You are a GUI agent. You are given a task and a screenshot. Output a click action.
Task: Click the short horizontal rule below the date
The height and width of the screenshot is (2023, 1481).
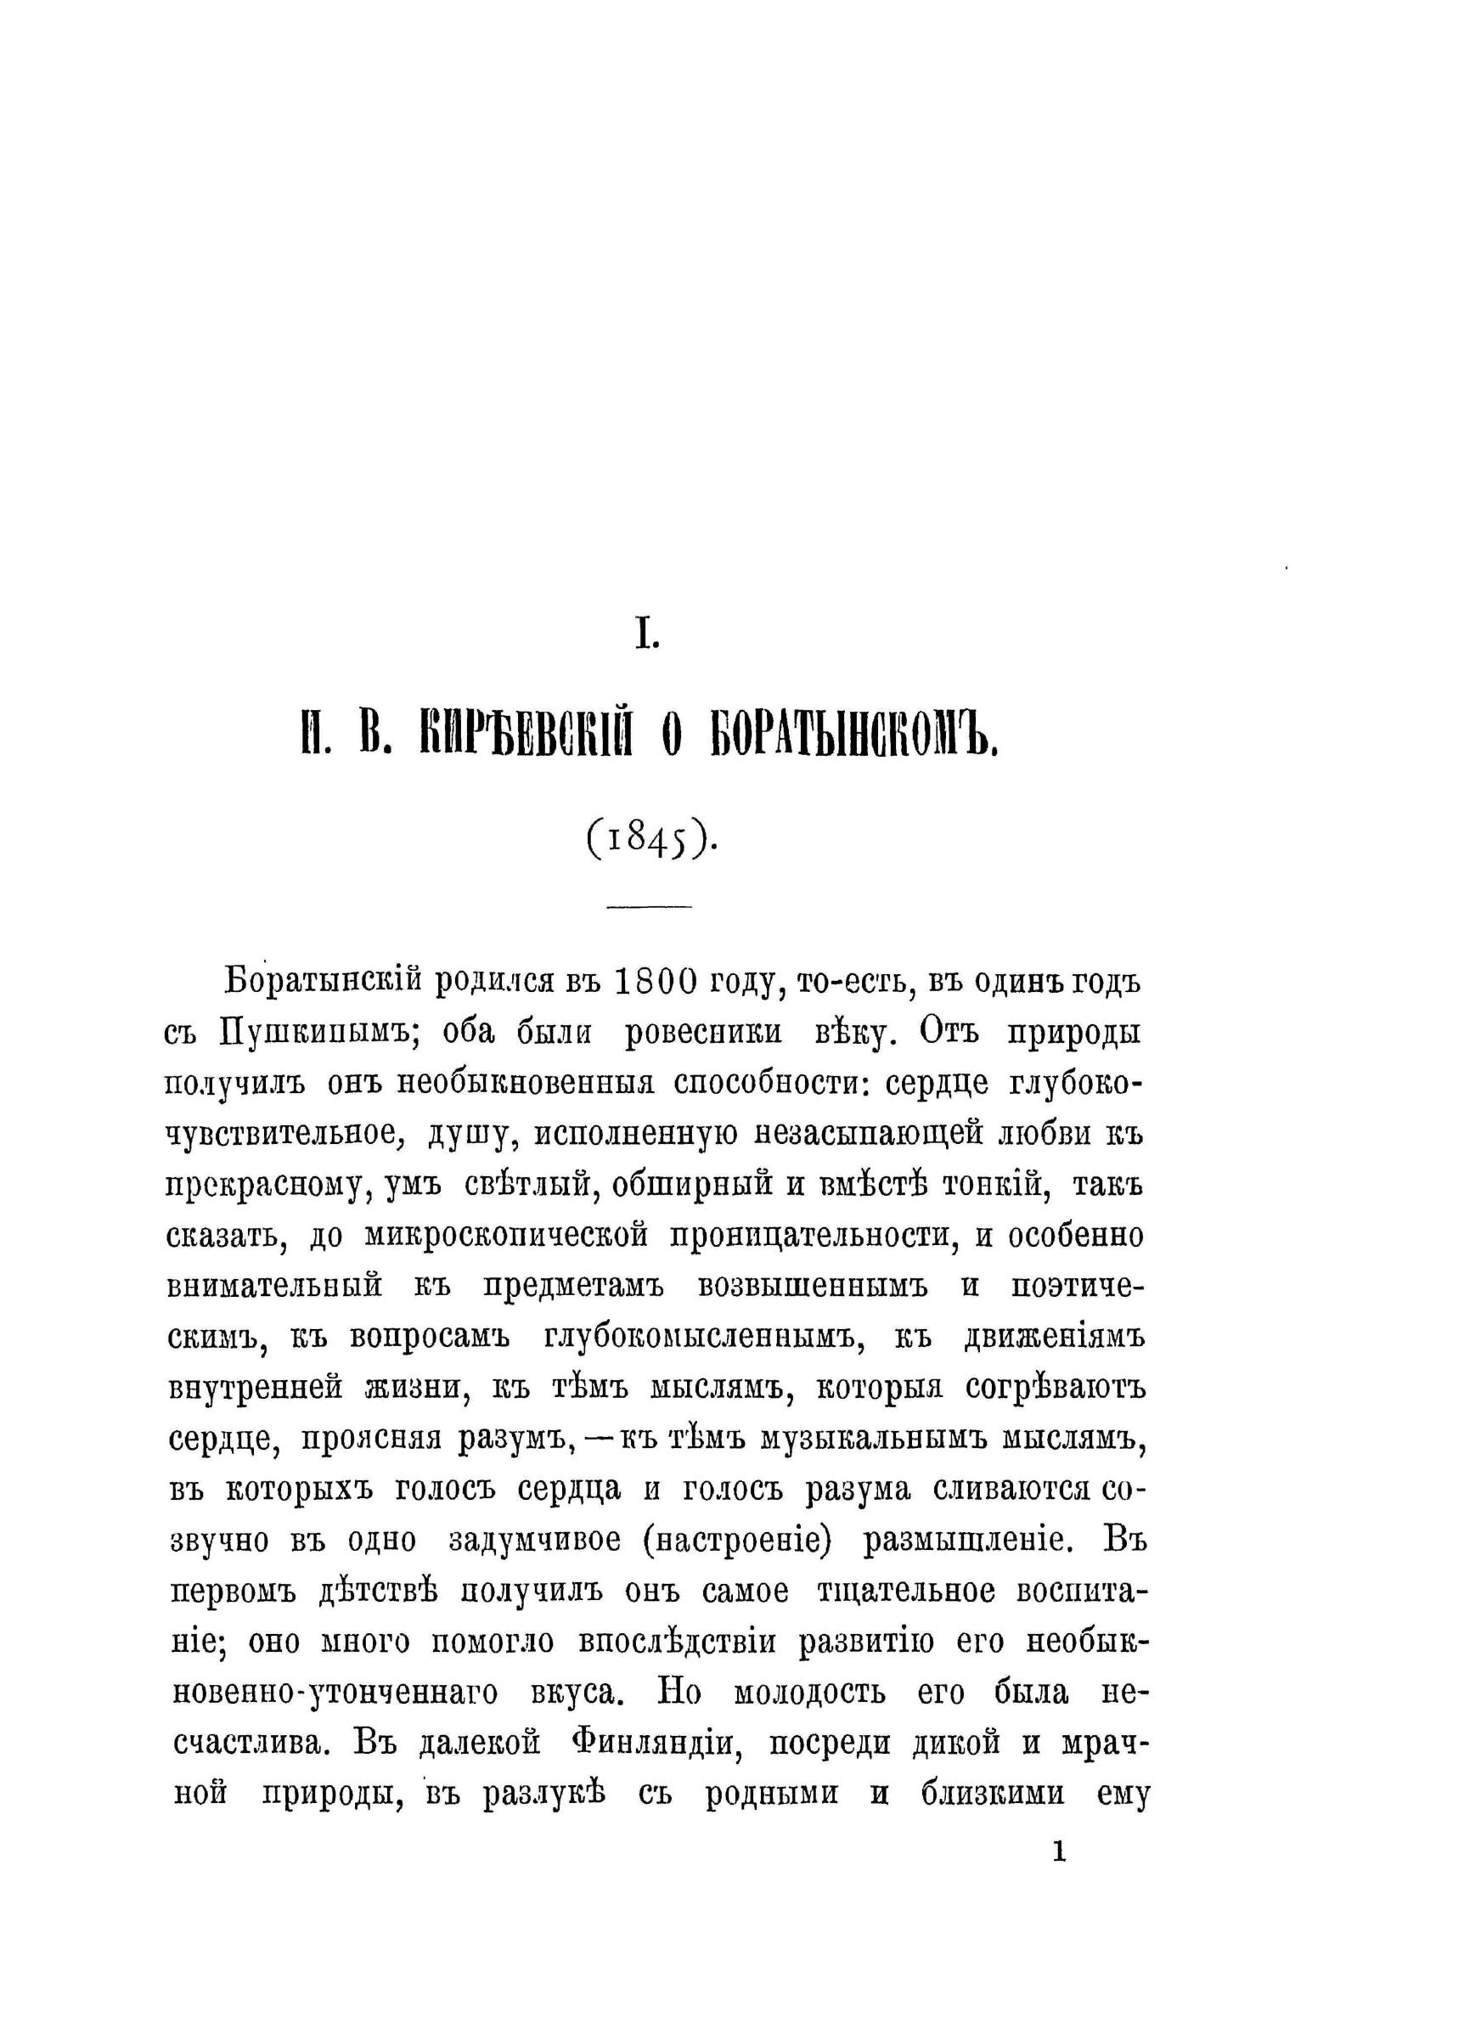click(x=649, y=906)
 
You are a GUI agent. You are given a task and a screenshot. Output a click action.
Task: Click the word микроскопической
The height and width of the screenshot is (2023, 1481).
click(x=506, y=1236)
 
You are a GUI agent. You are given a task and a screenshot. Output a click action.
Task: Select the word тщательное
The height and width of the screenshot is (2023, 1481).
click(x=905, y=1592)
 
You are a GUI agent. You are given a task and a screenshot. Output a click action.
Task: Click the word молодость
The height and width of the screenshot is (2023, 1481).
click(x=809, y=1694)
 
